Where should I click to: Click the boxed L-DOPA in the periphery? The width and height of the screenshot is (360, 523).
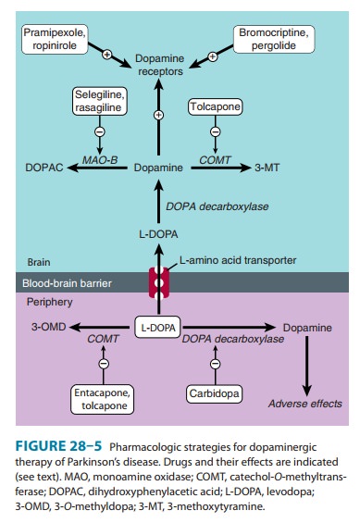coord(155,328)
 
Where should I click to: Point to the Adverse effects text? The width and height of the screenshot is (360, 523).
coord(304,404)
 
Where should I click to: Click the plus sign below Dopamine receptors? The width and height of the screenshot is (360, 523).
coord(157,116)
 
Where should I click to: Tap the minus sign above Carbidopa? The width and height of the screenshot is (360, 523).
coord(217,364)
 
